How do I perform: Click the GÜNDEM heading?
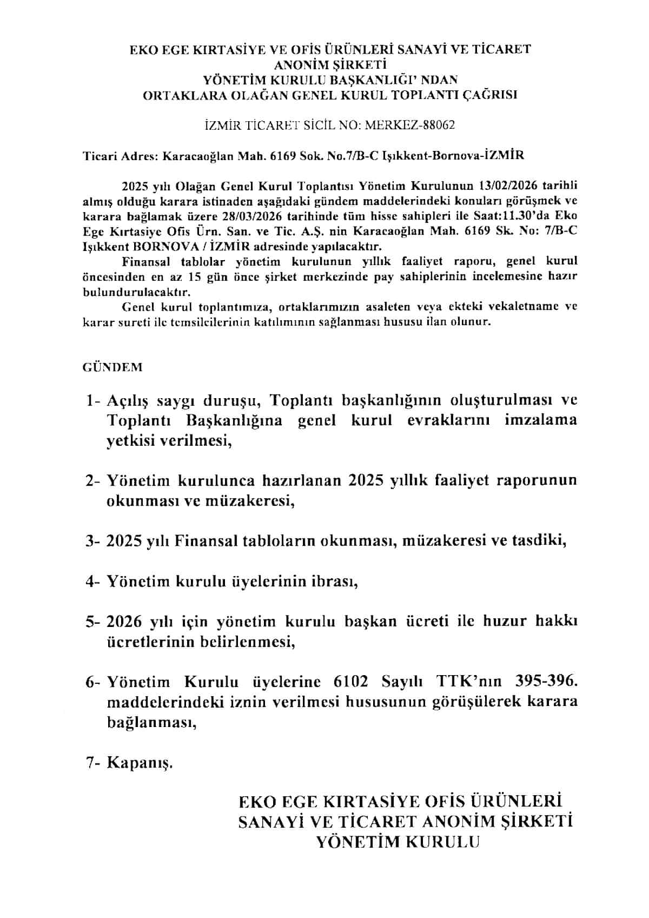(x=112, y=367)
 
